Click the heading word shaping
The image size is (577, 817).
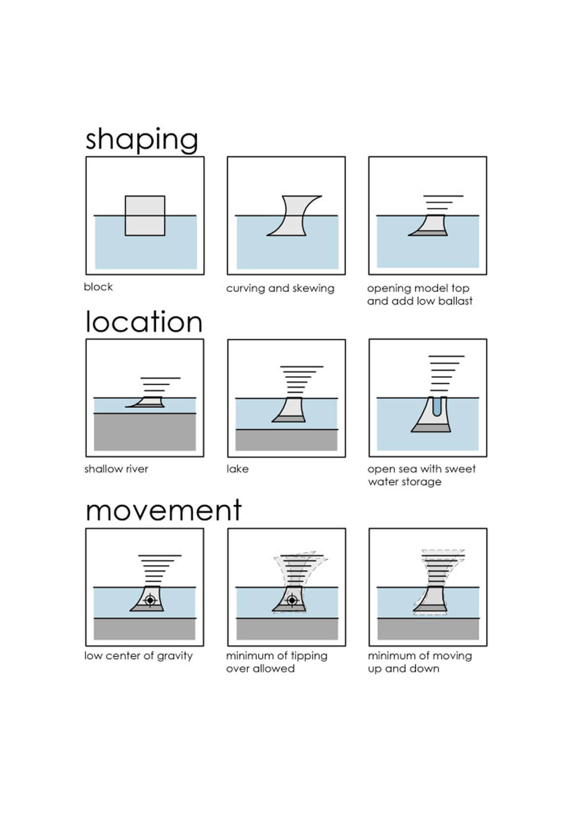point(142,140)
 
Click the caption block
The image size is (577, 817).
point(98,286)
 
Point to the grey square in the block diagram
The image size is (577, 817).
point(145,215)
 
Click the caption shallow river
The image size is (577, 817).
point(116,469)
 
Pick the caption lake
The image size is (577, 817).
point(237,469)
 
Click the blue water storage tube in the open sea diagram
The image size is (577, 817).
point(436,406)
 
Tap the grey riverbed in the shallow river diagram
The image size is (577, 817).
point(145,432)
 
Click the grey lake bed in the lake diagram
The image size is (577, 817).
point(287,440)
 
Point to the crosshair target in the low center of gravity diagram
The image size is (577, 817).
point(150,600)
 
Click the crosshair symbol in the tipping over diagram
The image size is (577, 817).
point(292,600)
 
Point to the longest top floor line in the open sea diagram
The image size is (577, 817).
point(446,356)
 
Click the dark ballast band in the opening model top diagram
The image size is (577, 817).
point(428,233)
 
